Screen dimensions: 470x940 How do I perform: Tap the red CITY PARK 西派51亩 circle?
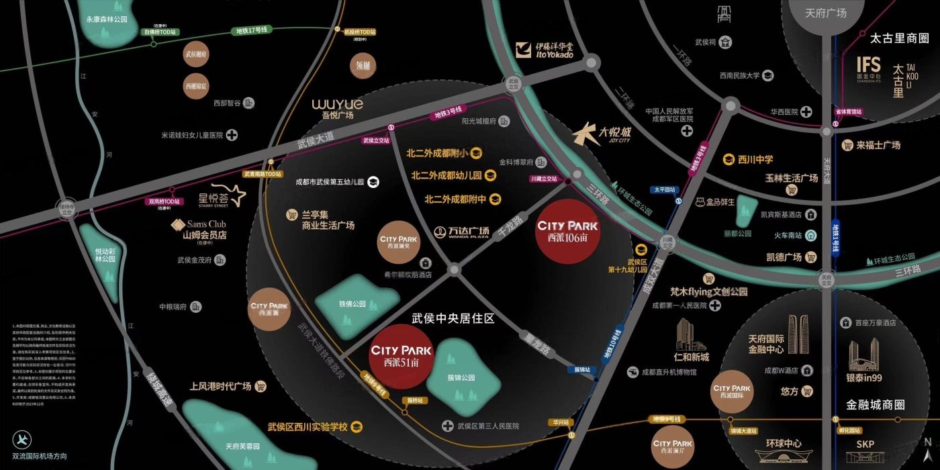tap(402, 357)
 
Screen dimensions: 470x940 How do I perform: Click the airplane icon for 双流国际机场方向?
tap(22, 440)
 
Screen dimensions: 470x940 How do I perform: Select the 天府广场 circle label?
tap(825, 13)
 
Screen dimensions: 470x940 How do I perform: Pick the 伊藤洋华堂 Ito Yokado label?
tap(545, 50)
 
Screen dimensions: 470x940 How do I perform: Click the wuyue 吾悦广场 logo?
tap(337, 108)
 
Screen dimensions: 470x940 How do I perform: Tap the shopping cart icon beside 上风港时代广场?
tap(261, 387)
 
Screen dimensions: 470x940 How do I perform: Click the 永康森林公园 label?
tap(107, 19)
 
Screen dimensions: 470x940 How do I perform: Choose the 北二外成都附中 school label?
tap(455, 199)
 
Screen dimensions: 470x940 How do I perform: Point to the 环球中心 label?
tap(784, 444)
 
